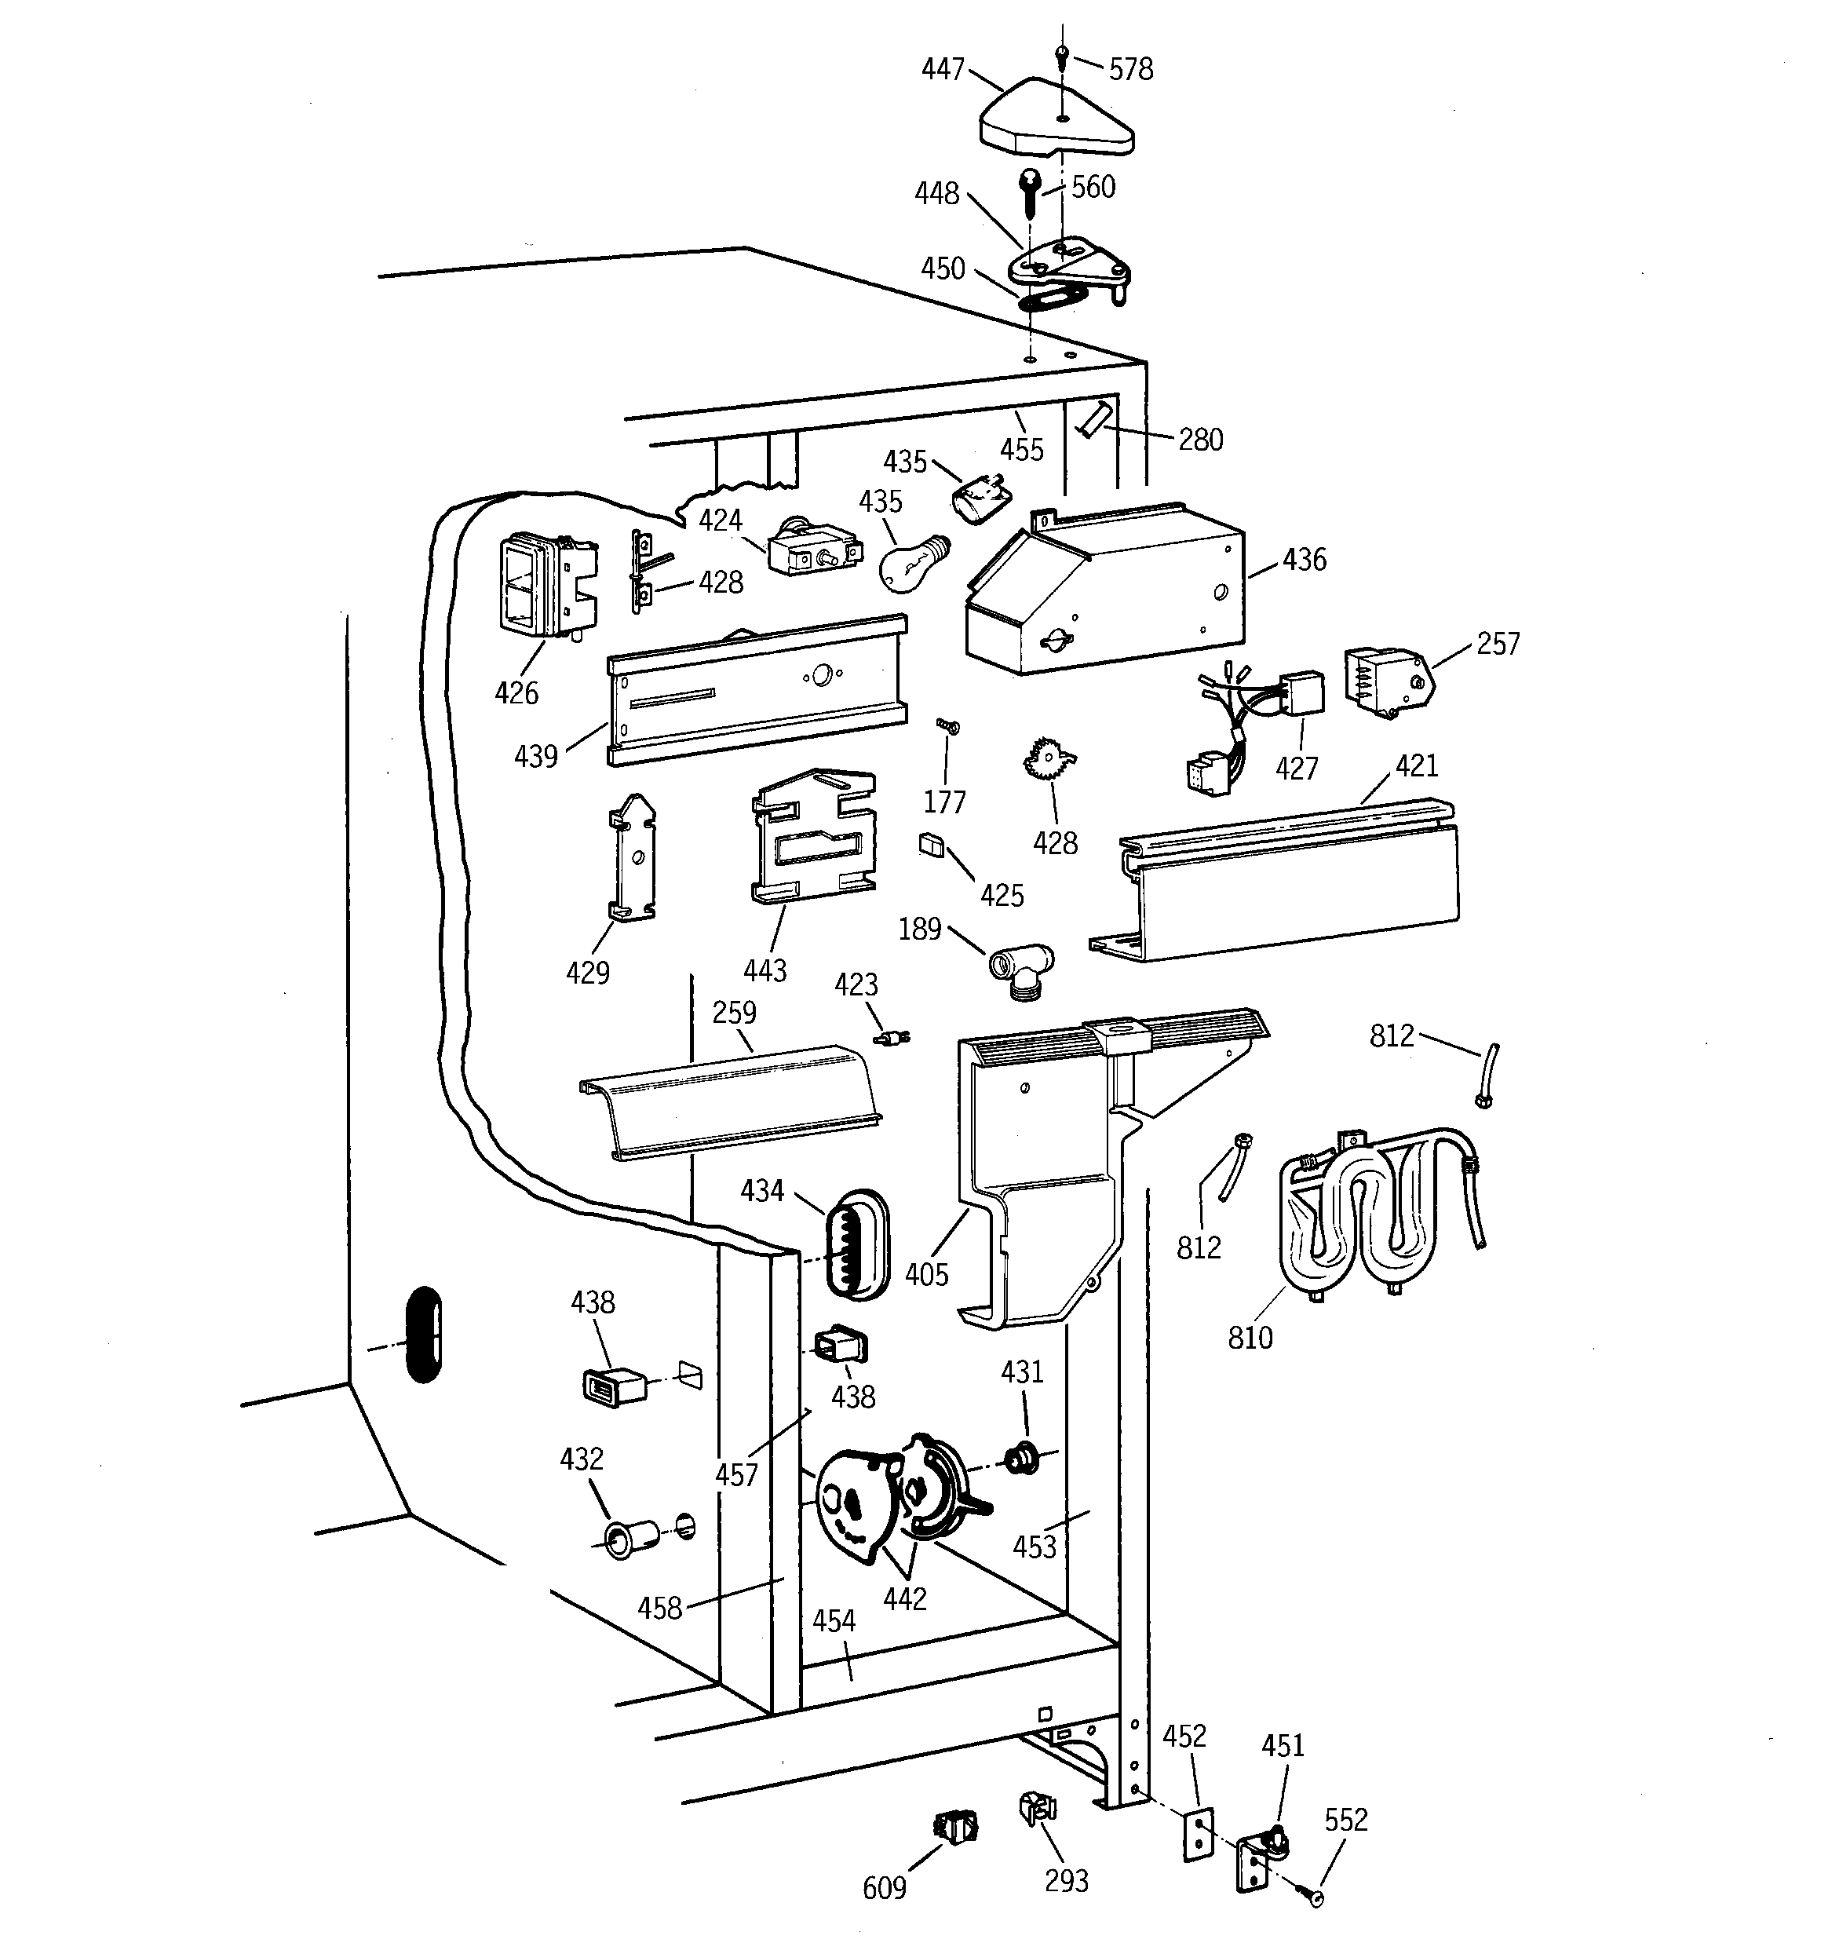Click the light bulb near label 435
(911, 564)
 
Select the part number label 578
(1131, 69)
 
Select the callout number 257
(1498, 643)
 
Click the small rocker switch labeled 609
(956, 1823)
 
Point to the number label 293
(1065, 1879)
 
